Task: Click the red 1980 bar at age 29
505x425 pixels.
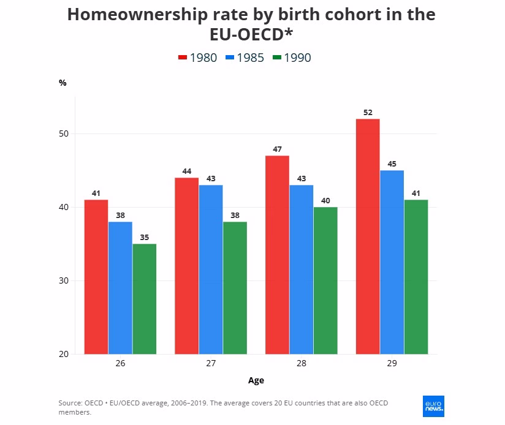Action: [368, 236]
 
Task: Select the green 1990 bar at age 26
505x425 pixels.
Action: [144, 299]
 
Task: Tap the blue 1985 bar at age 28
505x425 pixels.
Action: [302, 269]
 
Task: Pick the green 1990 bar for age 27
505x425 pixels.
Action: [235, 288]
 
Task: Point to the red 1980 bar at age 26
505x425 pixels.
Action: [96, 277]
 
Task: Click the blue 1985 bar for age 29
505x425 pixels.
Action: [392, 262]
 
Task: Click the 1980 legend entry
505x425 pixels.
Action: [197, 58]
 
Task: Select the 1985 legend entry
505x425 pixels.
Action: [245, 58]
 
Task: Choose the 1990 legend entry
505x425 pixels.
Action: [292, 58]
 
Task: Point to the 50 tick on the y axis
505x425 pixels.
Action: [64, 134]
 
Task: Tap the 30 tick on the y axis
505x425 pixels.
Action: [64, 280]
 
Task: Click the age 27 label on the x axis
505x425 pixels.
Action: [211, 363]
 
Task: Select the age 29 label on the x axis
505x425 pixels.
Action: [392, 363]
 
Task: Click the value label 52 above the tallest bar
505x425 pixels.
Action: [368, 112]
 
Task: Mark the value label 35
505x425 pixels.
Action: [144, 238]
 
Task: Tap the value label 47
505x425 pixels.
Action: [277, 149]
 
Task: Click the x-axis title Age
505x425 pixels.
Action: [256, 381]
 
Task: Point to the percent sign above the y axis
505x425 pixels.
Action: [63, 83]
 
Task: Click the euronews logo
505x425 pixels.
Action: [433, 407]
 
